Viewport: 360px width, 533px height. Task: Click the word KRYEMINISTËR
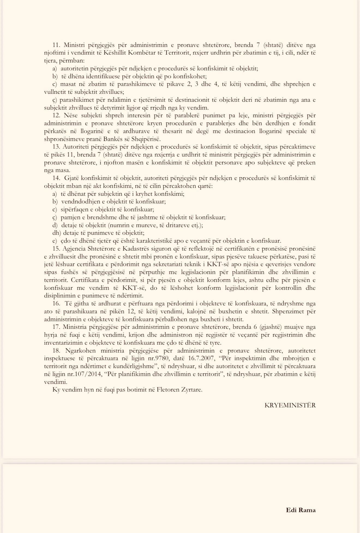[290, 405]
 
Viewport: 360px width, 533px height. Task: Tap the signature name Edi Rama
[301, 510]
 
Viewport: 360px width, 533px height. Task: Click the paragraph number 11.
[56, 45]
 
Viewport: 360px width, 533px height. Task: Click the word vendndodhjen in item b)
[78, 202]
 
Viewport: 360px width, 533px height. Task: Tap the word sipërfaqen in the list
[73, 210]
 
